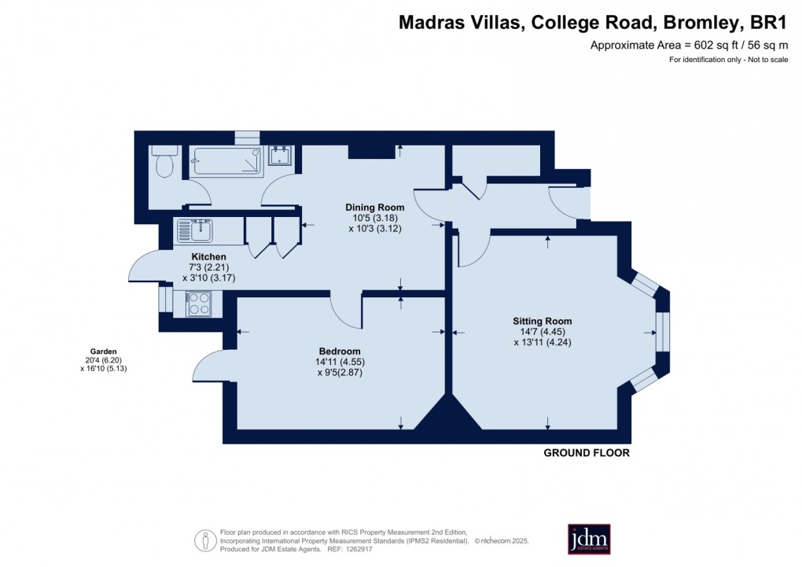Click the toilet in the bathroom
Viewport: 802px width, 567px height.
click(164, 164)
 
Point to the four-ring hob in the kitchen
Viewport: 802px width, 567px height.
click(198, 304)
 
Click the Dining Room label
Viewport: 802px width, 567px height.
click(370, 208)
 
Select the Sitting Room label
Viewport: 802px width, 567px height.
click(542, 321)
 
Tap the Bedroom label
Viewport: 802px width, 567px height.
click(340, 351)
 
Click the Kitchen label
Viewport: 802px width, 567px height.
click(209, 257)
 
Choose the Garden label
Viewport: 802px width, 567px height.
click(102, 352)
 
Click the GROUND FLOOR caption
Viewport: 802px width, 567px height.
click(587, 454)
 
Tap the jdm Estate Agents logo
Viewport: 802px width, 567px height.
click(589, 539)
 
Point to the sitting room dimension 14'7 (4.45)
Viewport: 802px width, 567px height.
click(542, 331)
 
